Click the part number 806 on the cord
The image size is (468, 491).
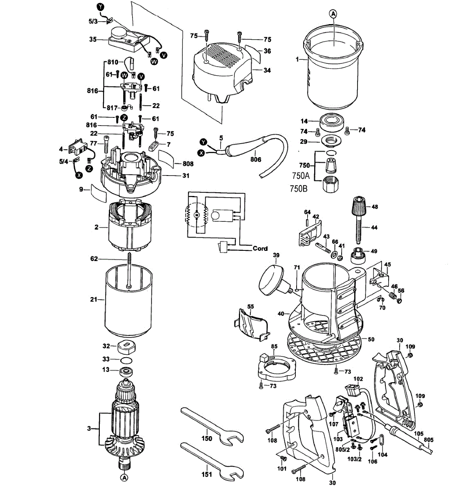tap(255, 159)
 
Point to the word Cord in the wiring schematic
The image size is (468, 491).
tap(260, 248)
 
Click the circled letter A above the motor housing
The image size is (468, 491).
tap(333, 14)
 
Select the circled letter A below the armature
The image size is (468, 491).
tap(124, 478)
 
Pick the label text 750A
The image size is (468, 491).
tap(301, 176)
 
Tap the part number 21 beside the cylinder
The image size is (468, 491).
tap(94, 299)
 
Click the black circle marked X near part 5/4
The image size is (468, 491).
tap(79, 175)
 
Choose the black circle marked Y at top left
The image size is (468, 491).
tap(100, 7)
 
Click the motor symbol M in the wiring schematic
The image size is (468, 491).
tap(196, 215)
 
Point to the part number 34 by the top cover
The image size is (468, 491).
tap(267, 70)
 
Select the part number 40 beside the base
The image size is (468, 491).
tap(281, 314)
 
